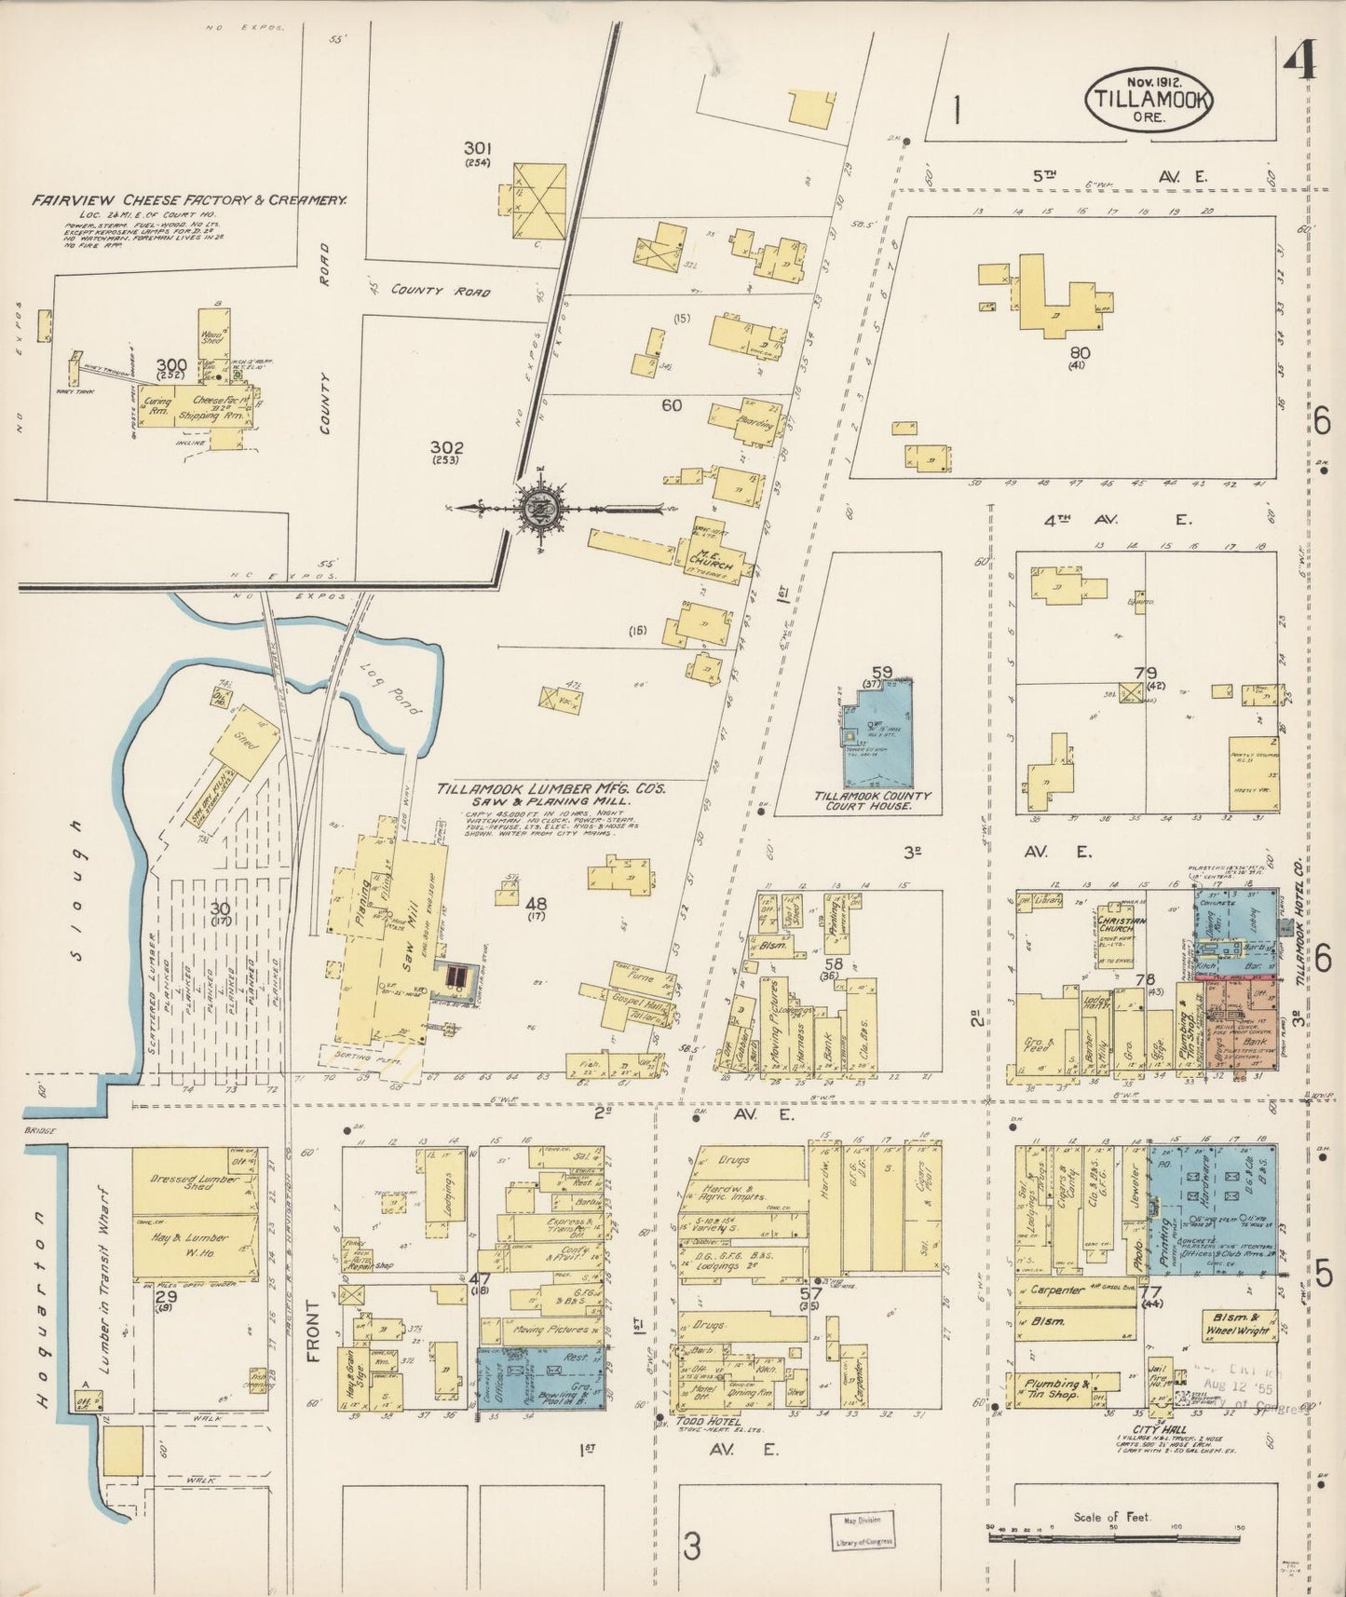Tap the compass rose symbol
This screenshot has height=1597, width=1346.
click(538, 509)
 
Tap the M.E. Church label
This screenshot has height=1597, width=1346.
click(714, 562)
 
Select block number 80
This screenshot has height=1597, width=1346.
click(1080, 353)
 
